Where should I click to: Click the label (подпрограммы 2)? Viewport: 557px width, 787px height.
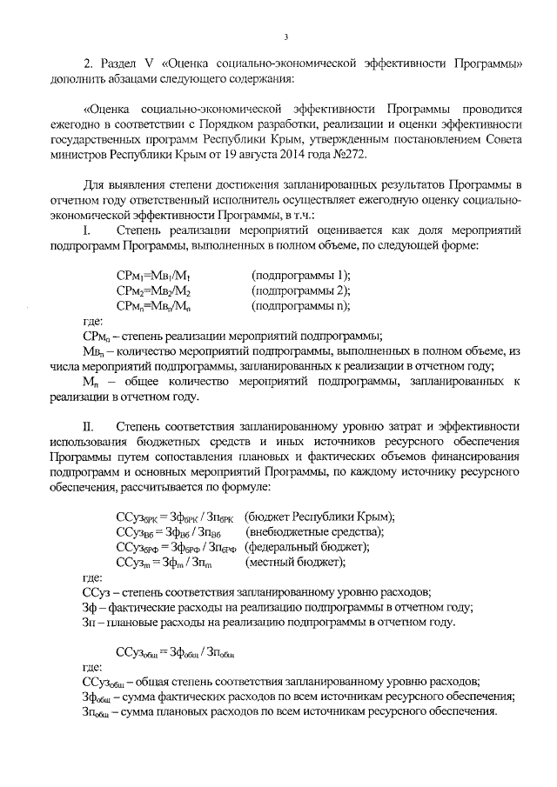pyautogui.click(x=300, y=290)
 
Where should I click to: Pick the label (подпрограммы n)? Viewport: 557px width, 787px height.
pyautogui.click(x=300, y=305)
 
